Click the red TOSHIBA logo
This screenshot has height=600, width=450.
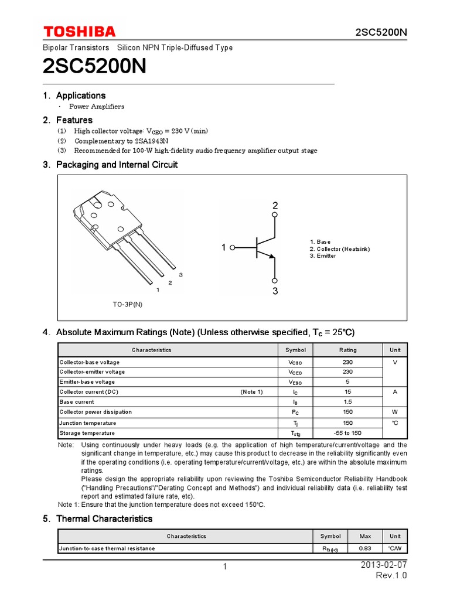(x=79, y=32)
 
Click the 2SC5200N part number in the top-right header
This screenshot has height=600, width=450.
(x=380, y=32)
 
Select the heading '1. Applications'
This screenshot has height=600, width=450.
(x=74, y=96)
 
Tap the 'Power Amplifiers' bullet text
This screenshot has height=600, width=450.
(x=97, y=107)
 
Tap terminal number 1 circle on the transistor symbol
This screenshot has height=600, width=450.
(x=233, y=248)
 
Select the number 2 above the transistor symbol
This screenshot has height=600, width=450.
(x=275, y=206)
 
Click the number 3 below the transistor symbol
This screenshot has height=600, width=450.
(x=275, y=291)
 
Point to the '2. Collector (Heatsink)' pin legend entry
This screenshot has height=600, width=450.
(x=340, y=249)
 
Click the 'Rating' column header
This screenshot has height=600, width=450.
(x=347, y=350)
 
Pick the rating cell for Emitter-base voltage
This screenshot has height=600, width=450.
(x=347, y=381)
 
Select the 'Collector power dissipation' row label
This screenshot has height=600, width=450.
(x=96, y=412)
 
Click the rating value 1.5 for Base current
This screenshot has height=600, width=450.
(x=347, y=402)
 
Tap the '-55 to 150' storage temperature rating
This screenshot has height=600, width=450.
(x=347, y=433)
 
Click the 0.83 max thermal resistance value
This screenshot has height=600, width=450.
(x=364, y=548)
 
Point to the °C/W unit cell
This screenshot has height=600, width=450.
(x=395, y=548)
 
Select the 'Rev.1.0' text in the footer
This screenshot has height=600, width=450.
(x=391, y=575)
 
